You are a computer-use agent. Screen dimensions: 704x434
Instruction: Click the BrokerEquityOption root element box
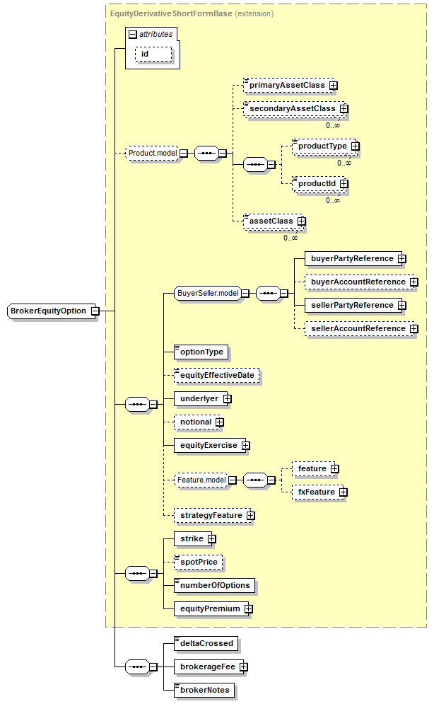click(48, 311)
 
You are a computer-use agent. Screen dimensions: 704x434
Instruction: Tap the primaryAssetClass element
click(286, 85)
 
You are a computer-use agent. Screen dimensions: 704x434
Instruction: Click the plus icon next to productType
click(356, 146)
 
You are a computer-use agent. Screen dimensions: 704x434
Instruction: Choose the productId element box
click(316, 183)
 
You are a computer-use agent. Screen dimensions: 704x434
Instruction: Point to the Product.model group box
click(151, 152)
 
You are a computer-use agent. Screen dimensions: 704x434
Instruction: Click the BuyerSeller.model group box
click(207, 293)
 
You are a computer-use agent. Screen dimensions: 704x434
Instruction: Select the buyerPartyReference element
click(351, 258)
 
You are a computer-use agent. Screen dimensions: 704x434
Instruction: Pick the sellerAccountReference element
click(358, 328)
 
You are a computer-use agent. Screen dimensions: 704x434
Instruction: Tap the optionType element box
click(201, 352)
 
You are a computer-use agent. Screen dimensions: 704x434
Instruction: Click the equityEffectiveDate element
click(216, 375)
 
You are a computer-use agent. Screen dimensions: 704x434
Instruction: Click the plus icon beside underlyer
click(228, 399)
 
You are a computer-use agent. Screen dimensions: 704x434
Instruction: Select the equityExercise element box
click(208, 445)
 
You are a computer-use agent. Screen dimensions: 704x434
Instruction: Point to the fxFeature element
click(316, 492)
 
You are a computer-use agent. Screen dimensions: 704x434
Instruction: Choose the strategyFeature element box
click(211, 515)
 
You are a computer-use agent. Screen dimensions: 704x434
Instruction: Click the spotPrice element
click(199, 562)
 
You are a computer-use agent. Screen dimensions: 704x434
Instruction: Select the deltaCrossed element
click(206, 643)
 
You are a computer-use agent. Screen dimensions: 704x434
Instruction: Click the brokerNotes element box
click(204, 690)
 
